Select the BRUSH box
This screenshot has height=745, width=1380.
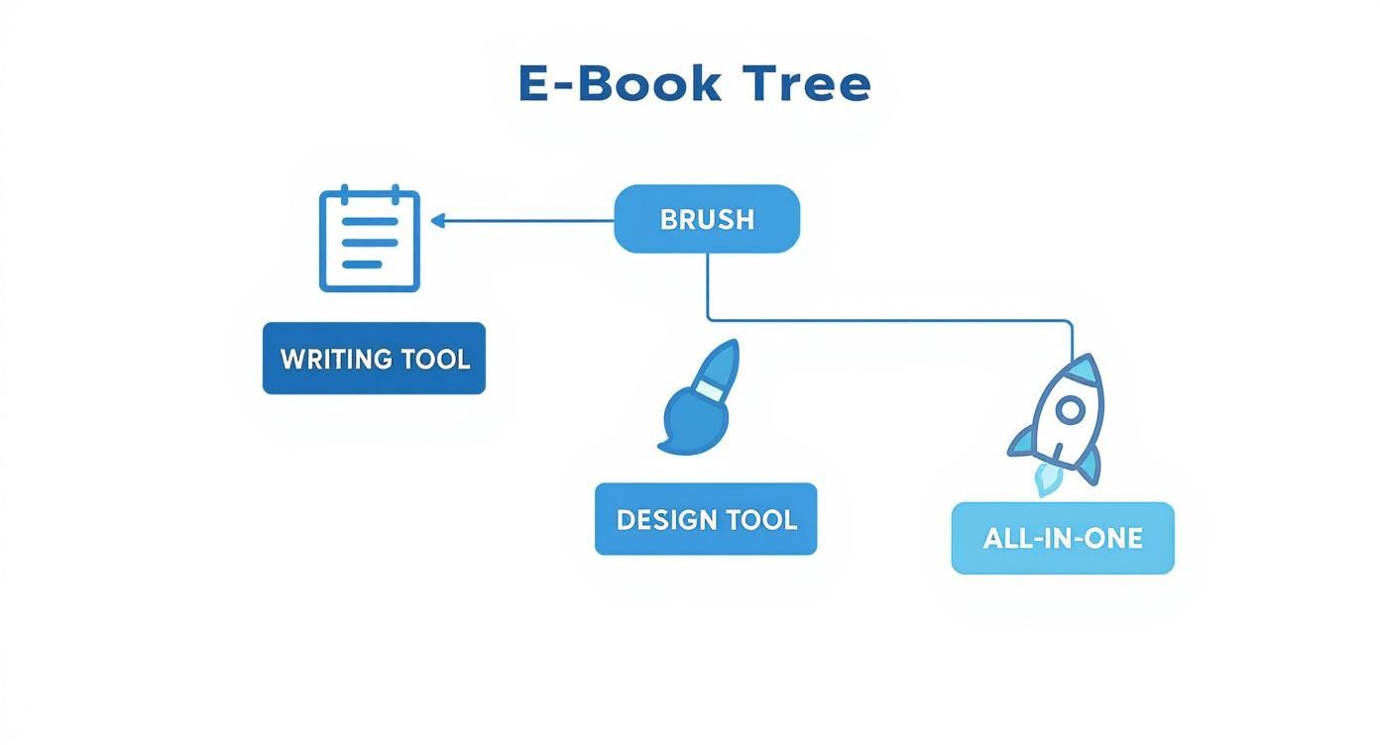tap(707, 219)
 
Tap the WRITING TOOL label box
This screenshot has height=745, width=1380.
tap(374, 359)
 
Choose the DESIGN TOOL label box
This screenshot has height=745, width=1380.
tap(706, 519)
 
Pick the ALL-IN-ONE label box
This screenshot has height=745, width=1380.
tap(1063, 538)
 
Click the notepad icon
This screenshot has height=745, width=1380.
tap(370, 239)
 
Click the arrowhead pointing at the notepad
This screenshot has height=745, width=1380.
tap(438, 221)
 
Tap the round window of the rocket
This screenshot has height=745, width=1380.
tap(1069, 409)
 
